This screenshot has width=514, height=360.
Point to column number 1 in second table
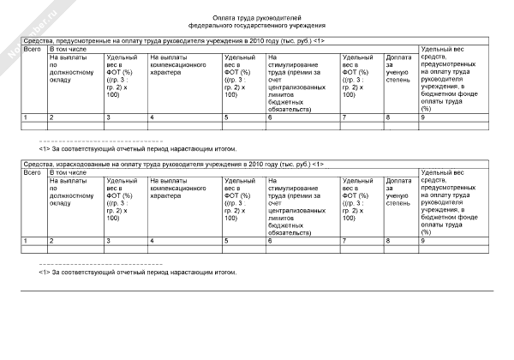[x=26, y=240]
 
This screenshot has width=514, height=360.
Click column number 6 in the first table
[x=271, y=117]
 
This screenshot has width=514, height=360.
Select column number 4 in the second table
[x=152, y=240]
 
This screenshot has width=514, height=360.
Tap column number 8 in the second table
[x=389, y=240]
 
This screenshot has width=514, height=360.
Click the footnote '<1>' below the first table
[x=45, y=148]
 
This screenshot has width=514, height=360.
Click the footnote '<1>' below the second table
[x=45, y=272]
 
